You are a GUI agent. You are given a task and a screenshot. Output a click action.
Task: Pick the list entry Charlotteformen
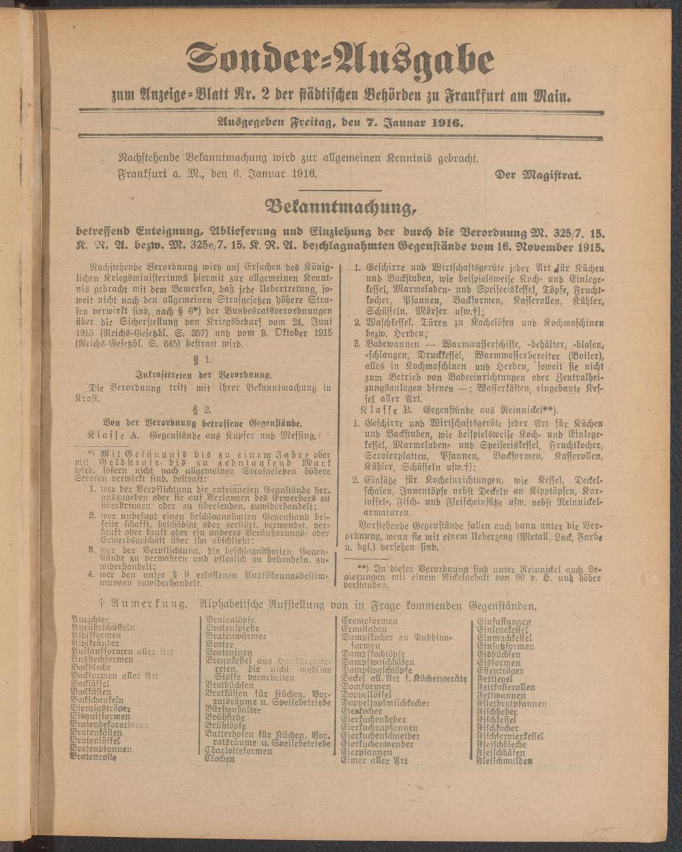point(238,750)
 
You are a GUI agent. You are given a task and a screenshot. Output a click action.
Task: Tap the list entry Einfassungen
point(504,621)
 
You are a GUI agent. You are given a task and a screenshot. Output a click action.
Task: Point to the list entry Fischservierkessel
point(510,735)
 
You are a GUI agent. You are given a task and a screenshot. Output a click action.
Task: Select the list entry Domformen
point(366,686)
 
